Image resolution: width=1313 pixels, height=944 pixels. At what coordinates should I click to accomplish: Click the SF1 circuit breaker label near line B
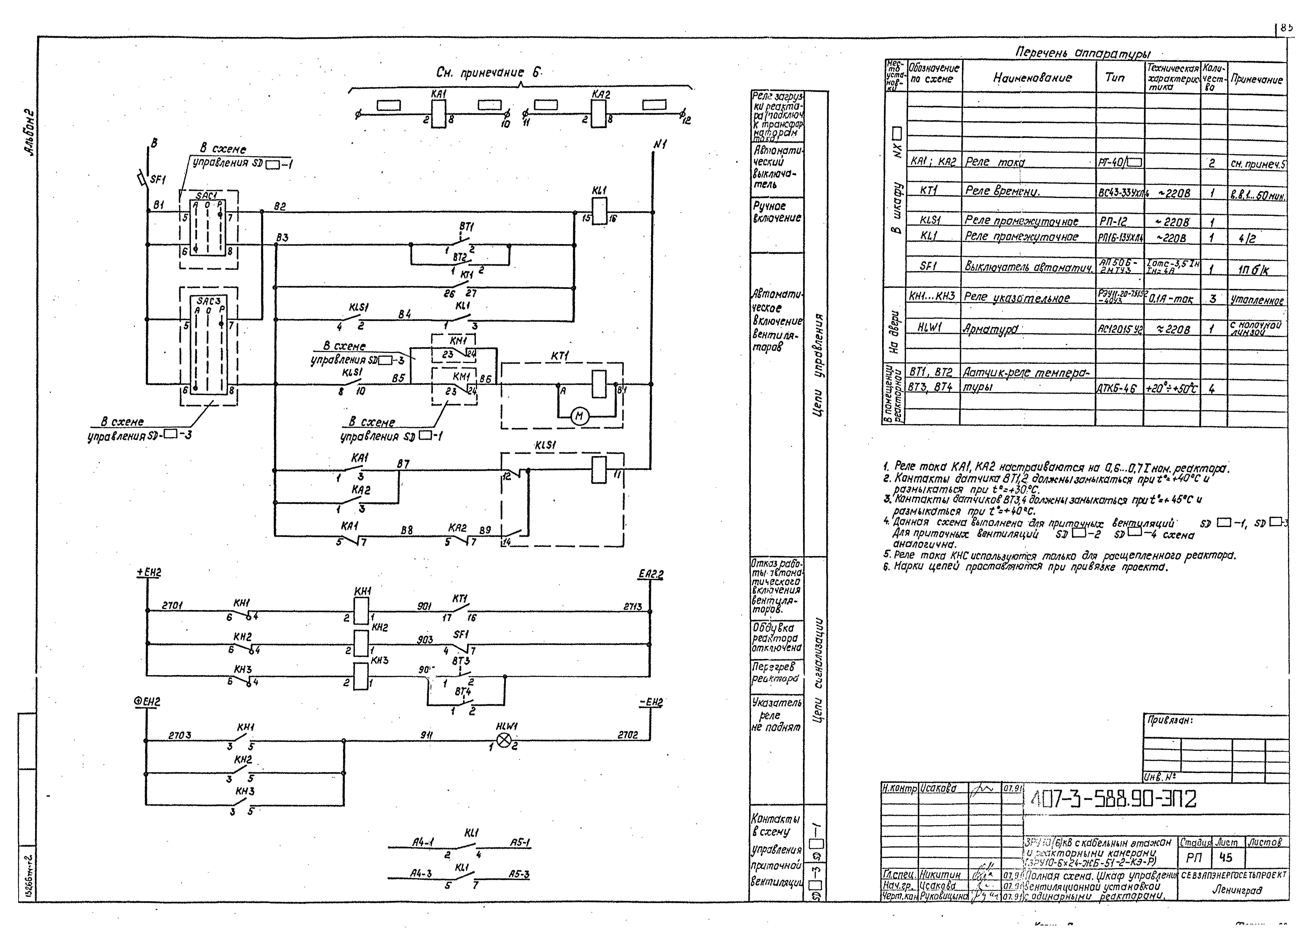pyautogui.click(x=157, y=180)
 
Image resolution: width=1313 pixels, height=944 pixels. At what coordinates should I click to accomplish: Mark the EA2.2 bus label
pyautogui.click(x=651, y=574)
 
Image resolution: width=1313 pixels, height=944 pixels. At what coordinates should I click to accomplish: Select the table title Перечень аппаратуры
pyautogui.click(x=1083, y=53)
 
